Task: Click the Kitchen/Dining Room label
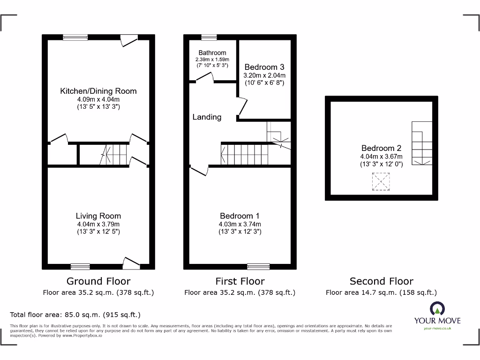[98, 91]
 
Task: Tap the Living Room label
[98, 216]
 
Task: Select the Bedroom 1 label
[240, 216]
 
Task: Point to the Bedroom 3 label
[264, 67]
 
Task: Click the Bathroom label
[212, 53]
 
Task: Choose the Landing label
[207, 117]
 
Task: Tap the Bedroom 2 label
[381, 148]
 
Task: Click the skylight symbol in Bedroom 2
[381, 181]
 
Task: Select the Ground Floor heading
[98, 281]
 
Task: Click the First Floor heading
[240, 281]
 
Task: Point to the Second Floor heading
[381, 281]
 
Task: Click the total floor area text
[75, 315]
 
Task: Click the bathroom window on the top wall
[209, 37]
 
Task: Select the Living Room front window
[80, 266]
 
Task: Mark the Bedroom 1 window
[258, 266]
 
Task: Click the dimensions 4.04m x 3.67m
[381, 157]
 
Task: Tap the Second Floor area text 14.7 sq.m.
[381, 292]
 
